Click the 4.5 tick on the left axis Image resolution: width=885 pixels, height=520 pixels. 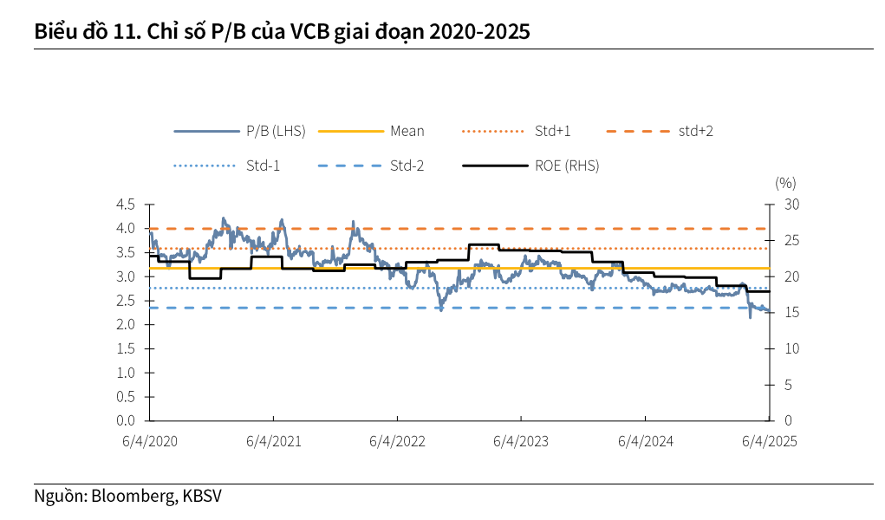point(126,205)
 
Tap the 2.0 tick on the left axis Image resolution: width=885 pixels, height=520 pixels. point(126,324)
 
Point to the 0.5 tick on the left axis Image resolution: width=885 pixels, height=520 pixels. point(126,396)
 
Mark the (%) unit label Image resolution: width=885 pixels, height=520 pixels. point(785,183)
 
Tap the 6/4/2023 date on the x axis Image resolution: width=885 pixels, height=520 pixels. point(521,441)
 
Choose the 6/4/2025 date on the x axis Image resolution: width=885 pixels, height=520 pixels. point(769,441)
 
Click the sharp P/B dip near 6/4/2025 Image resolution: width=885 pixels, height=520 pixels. point(750,316)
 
